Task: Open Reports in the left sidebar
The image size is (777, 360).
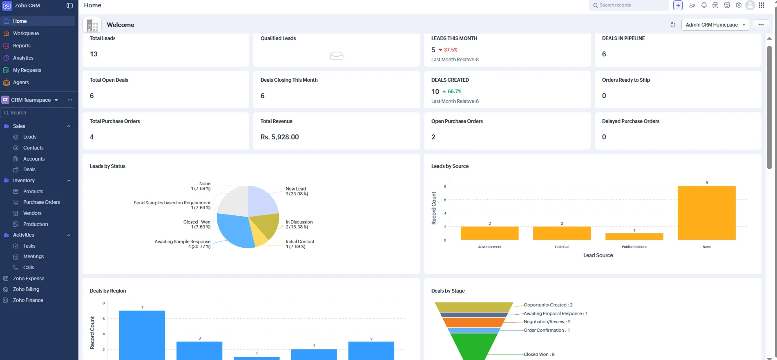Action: (22, 46)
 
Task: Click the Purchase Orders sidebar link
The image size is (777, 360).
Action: (41, 202)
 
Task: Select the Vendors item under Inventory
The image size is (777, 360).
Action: (32, 213)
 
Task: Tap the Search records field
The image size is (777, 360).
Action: (629, 5)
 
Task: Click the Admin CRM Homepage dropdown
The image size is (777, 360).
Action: (715, 25)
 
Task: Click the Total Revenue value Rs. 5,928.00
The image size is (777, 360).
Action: (279, 137)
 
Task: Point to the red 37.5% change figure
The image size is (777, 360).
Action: (451, 50)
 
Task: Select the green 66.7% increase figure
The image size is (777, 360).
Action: (454, 92)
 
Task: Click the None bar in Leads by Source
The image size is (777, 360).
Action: (706, 213)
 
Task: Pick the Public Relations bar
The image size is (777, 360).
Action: (634, 237)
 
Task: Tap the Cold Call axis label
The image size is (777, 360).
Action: (562, 247)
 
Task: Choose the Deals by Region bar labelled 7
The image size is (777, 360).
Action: (142, 335)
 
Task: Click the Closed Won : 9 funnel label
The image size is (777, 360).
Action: (539, 354)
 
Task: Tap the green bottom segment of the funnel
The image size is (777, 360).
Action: (474, 346)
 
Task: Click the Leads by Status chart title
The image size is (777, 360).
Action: (107, 166)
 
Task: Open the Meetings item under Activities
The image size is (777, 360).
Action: (33, 257)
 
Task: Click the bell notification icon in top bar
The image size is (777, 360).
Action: (704, 5)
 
